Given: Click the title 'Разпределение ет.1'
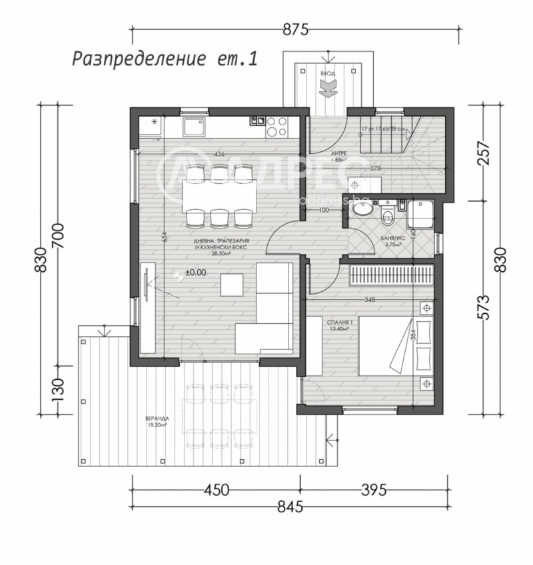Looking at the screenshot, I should (x=164, y=59).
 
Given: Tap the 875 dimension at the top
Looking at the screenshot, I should (x=296, y=29).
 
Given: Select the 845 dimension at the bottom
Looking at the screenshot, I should (x=290, y=507).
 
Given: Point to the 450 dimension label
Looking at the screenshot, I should (x=215, y=490).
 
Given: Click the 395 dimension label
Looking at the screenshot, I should (x=373, y=490).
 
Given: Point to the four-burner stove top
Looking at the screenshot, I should (x=276, y=127).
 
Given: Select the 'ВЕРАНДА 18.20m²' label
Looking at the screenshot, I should (x=157, y=421).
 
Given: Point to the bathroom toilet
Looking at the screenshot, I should (x=388, y=217).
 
